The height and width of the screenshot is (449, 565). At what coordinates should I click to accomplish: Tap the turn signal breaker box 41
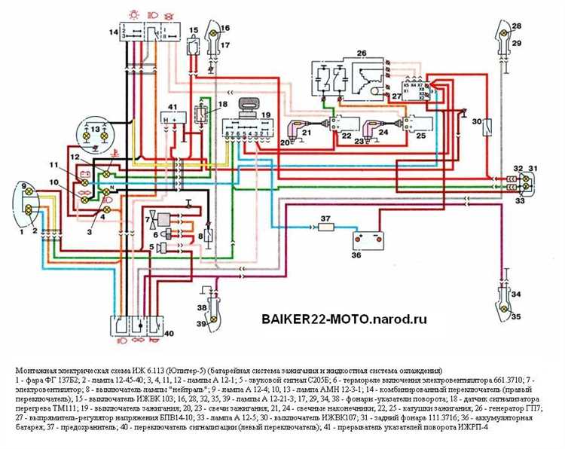[x=173, y=118]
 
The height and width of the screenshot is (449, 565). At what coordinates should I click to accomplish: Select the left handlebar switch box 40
[x=138, y=328]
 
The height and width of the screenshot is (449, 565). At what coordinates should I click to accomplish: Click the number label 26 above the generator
[x=360, y=52]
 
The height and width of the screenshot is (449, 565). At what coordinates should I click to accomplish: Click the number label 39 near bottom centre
[x=200, y=323]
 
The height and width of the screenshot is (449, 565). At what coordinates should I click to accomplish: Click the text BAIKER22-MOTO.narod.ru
[x=344, y=319]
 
